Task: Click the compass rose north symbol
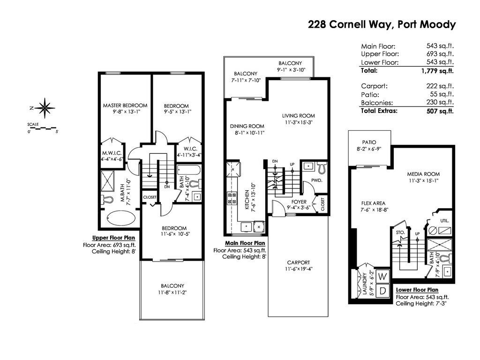tap(45, 108)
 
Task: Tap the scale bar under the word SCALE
tap(42, 128)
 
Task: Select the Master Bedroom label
tap(125, 105)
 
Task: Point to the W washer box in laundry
tap(382, 277)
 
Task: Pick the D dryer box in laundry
tap(382, 291)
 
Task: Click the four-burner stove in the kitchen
tap(232, 198)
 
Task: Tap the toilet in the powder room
tap(322, 167)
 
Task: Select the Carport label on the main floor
tap(298, 262)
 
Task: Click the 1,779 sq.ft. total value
tap(437, 71)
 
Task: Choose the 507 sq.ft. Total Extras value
tap(440, 111)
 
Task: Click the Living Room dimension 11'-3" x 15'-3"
tap(298, 122)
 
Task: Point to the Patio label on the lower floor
tap(369, 142)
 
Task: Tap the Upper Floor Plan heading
tap(113, 238)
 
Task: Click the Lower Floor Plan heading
tap(417, 290)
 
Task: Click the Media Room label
tap(423, 174)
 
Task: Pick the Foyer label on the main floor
tap(299, 202)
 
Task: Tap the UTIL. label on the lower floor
tap(444, 220)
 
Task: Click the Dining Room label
tap(247, 126)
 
